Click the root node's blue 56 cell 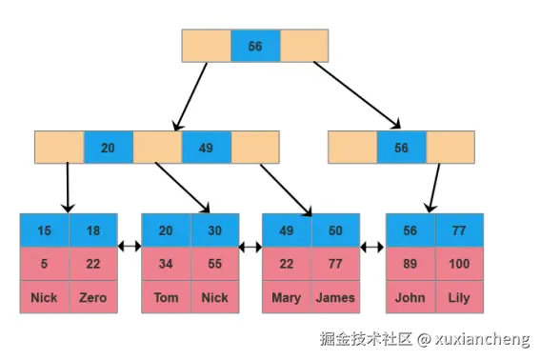pos(255,46)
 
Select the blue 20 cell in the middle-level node pos(109,148)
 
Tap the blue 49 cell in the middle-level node pos(207,148)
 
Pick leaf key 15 pos(45,230)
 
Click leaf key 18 pos(93,230)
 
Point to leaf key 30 pos(215,230)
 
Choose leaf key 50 pos(335,230)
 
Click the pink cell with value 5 pos(45,264)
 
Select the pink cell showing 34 pos(166,264)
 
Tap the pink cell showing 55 pos(215,264)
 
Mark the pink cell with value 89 pos(411,264)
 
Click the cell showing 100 pos(459,264)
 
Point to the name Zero pos(93,297)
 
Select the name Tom pos(167,297)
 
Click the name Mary pos(287,298)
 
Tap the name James pos(335,297)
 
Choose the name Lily pos(459,298)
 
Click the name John pos(411,297)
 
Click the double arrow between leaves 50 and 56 pos(371,247)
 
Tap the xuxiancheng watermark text pos(482,339)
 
